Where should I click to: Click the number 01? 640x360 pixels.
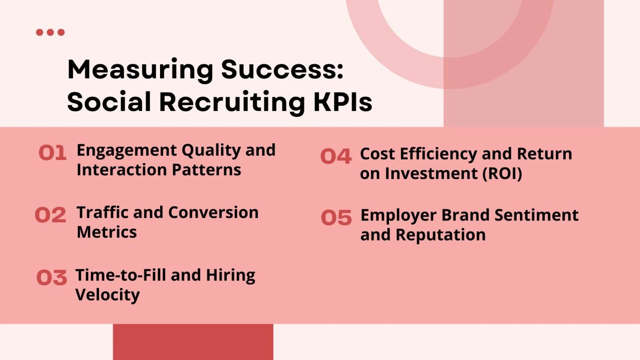(x=52, y=153)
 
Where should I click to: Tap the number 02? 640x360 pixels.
(x=50, y=215)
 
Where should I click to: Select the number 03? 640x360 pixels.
(x=51, y=278)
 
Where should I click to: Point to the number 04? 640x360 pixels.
(x=336, y=157)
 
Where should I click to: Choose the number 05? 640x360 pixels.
(x=336, y=218)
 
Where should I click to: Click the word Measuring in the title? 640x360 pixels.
(x=140, y=70)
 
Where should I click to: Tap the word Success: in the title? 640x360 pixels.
(x=282, y=70)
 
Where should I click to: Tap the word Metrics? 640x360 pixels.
(x=107, y=232)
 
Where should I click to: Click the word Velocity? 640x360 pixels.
(x=107, y=295)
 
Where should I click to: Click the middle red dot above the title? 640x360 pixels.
(x=50, y=32)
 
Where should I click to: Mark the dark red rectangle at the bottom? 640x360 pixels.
(x=193, y=342)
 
